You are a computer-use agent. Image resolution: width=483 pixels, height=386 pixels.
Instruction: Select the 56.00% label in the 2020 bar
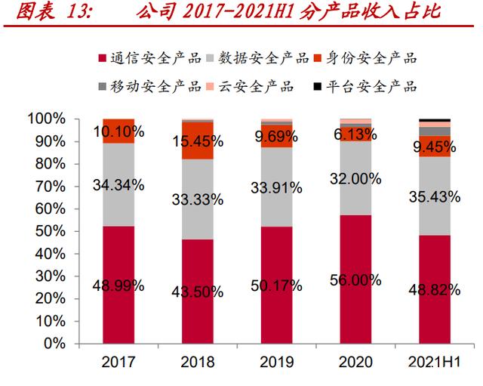355,279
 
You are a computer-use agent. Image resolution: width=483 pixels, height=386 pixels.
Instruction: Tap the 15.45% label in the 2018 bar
197,141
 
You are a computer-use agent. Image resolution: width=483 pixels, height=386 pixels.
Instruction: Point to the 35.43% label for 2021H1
435,198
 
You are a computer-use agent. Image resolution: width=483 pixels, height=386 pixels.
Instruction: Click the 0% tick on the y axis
57,343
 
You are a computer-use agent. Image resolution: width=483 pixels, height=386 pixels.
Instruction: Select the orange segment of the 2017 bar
118,131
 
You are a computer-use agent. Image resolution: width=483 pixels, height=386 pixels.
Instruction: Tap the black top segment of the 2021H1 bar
435,120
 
